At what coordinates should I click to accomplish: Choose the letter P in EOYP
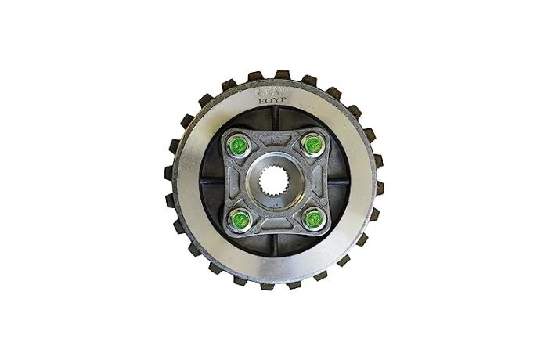(287, 100)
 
